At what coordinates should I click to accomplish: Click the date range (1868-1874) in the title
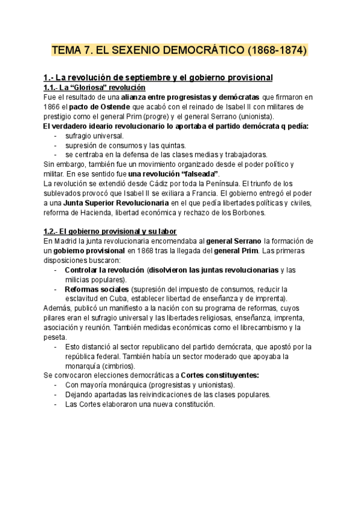pyautogui.click(x=276, y=50)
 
